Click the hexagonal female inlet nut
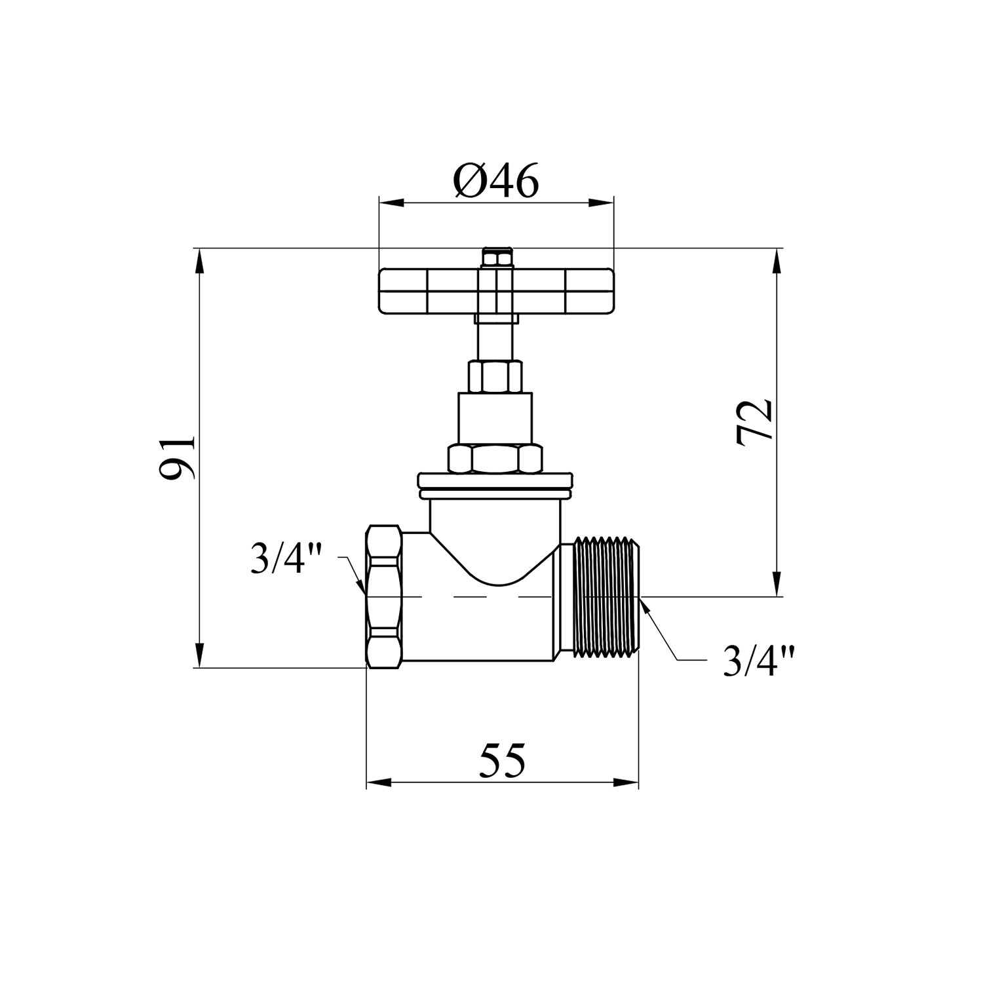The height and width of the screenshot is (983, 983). coord(383,596)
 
